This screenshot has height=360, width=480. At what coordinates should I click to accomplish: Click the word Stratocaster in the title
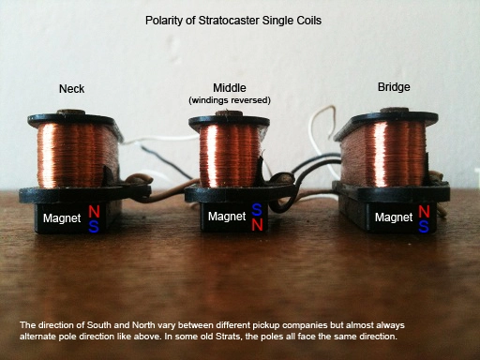click(x=229, y=21)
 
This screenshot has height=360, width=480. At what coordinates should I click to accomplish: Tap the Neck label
click(x=71, y=89)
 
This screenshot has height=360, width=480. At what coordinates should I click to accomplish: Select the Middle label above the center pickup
click(x=230, y=88)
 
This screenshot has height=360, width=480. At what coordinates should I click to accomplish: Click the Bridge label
click(x=394, y=87)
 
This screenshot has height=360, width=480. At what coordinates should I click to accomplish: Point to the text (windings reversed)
click(x=230, y=100)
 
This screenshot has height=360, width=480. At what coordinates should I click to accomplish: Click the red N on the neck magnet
click(x=94, y=212)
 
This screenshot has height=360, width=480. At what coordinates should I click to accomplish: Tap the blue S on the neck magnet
click(x=94, y=227)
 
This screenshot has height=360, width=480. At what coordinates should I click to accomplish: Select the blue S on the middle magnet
click(x=257, y=210)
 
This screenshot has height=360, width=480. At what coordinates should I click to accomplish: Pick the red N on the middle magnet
click(x=257, y=224)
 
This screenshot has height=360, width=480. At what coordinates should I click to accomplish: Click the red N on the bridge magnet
click(x=424, y=212)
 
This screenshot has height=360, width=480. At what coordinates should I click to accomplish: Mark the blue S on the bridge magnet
click(x=424, y=226)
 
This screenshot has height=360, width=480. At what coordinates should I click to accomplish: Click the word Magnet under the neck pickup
click(x=62, y=218)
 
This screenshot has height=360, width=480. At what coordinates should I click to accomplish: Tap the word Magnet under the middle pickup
click(x=227, y=217)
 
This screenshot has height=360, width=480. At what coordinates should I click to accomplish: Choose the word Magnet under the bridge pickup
click(x=394, y=217)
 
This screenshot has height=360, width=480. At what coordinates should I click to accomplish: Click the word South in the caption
click(x=99, y=325)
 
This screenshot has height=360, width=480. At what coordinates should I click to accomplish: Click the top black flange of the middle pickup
click(x=229, y=121)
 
